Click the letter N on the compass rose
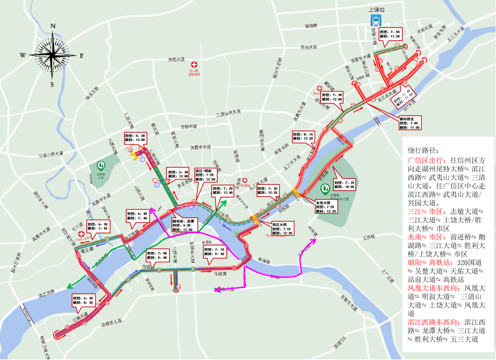53,26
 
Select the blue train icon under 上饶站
376,20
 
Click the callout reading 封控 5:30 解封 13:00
135,138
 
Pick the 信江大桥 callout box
281,229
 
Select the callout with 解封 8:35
83,301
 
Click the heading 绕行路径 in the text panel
423,151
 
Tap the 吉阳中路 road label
188,126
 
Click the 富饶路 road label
308,26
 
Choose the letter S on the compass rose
52,84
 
